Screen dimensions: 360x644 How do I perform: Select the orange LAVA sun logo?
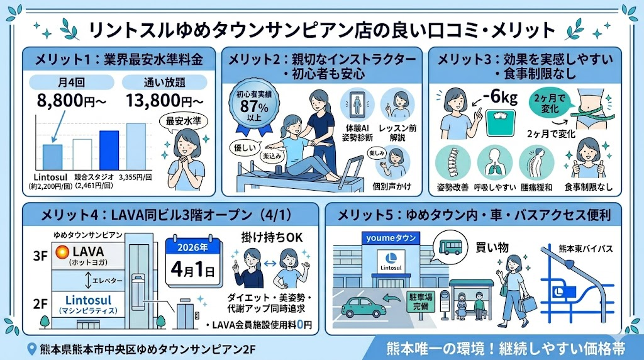pos(62,253)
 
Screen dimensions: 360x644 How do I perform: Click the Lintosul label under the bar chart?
pos(50,176)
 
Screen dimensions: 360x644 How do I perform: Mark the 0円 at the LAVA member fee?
pos(304,325)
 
